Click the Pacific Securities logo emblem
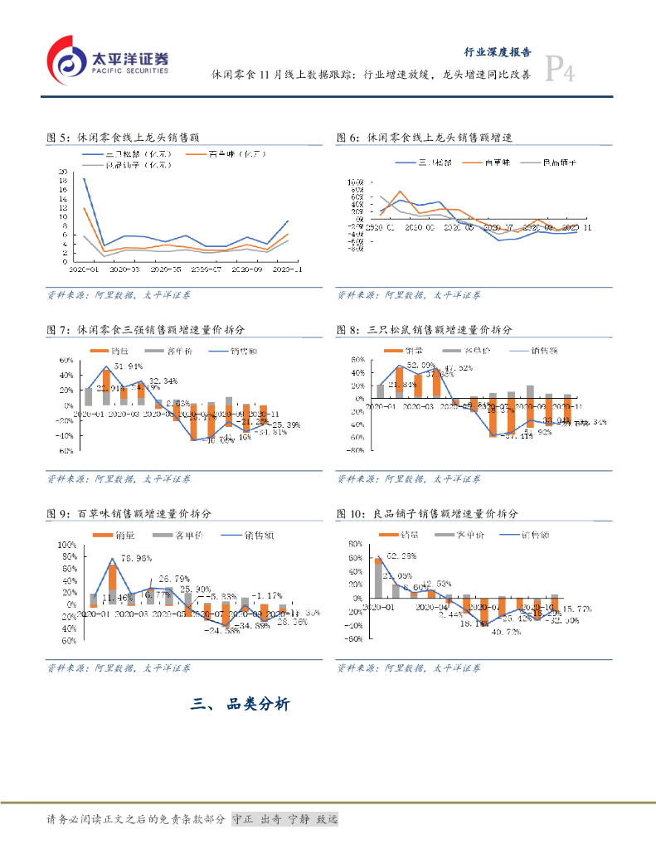click(x=66, y=60)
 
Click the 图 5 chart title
click(x=124, y=138)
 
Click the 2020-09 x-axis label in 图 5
click(x=246, y=270)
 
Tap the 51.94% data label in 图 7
click(x=129, y=366)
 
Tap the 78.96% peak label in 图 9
click(x=139, y=558)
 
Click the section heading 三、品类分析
click(x=241, y=705)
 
